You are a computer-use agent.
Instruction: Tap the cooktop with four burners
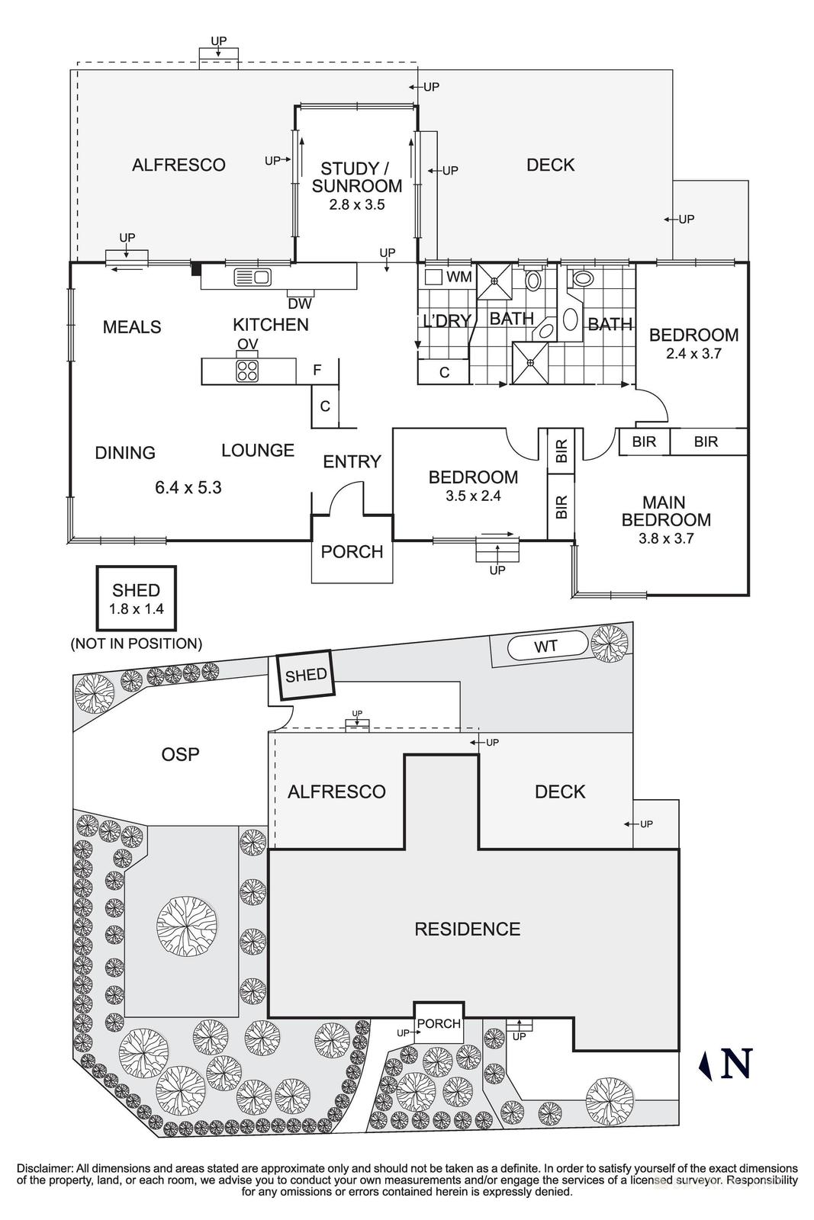pos(247,371)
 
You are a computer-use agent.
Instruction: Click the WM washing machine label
pos(458,277)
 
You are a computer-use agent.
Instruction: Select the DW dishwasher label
pos(299,304)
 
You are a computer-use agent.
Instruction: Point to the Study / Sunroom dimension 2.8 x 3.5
pos(356,204)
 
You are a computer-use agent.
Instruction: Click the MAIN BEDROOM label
pos(665,511)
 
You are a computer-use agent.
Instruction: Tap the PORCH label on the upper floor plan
pos(352,551)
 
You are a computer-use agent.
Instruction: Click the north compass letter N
pos(736,1064)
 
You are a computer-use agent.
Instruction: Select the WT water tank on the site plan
pos(545,647)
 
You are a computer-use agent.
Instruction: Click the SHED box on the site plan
pos(305,675)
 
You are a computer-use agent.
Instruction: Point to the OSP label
pos(181,754)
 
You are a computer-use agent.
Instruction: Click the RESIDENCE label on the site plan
pos(467,929)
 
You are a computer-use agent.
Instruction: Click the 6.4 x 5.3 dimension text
pos(188,487)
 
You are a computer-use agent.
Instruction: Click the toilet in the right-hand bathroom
pos(583,279)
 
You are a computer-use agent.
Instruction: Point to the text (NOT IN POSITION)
pos(136,644)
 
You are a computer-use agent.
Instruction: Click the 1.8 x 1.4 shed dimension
pos(137,609)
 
